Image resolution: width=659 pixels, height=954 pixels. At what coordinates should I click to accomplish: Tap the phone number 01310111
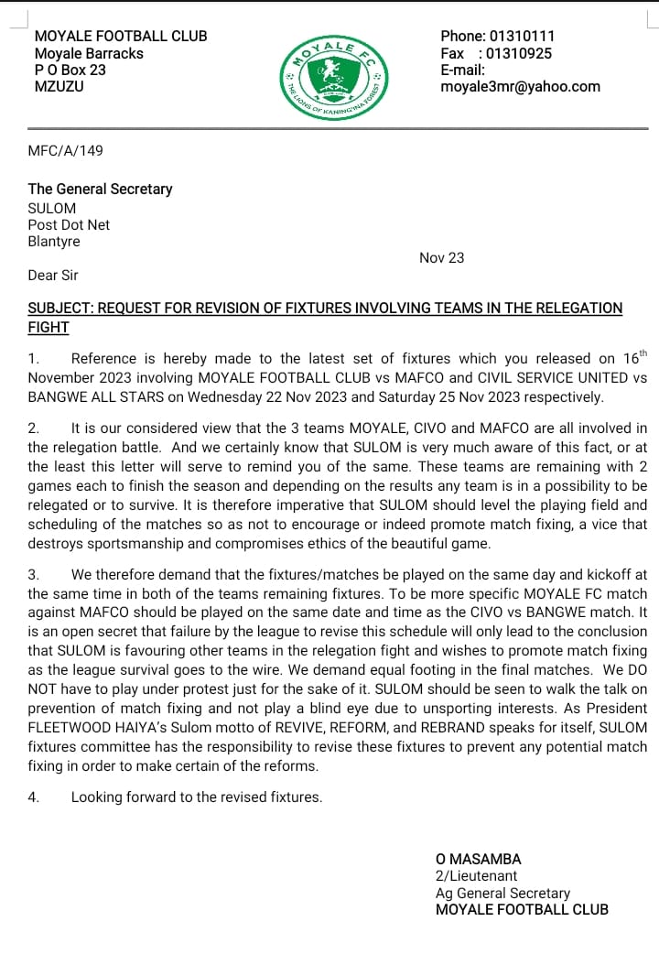pos(522,37)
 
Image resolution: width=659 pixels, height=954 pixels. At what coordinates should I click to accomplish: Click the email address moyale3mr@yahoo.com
pos(520,87)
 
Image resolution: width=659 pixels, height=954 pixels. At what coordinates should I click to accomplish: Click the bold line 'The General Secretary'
pos(101,189)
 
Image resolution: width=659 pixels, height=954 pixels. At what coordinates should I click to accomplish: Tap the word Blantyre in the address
pos(54,242)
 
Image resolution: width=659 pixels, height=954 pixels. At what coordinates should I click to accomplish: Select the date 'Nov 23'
pos(441,258)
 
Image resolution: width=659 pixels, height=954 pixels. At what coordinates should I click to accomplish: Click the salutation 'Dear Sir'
pos(54,275)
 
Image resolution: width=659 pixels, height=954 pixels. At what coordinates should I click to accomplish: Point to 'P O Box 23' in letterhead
pos(70,70)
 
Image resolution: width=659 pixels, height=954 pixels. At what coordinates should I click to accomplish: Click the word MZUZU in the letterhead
pos(59,87)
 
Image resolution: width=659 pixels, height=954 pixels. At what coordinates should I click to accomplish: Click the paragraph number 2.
pos(34,428)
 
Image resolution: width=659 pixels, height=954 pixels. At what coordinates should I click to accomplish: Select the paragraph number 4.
pos(34,797)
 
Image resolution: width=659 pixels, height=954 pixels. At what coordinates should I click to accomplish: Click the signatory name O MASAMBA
pos(479,860)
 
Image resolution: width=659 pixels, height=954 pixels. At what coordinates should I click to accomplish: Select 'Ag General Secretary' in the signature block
pos(502,893)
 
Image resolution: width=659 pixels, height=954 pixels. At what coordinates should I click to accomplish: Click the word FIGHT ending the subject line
pos(49,327)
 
